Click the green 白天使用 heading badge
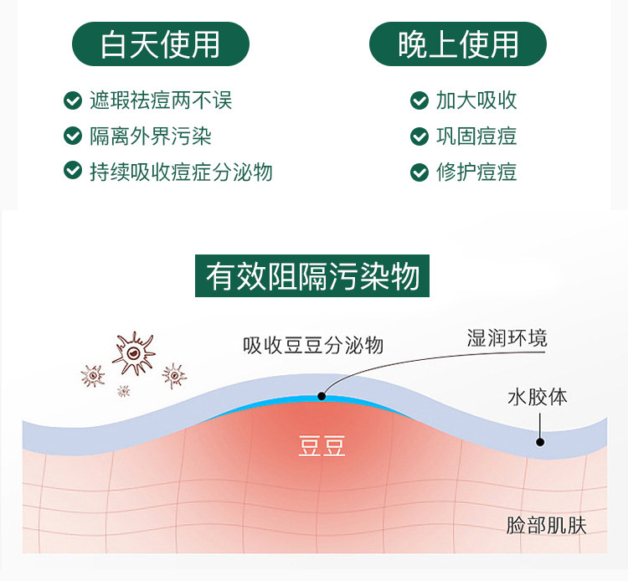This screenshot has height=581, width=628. pos(159,44)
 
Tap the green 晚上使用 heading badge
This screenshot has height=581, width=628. pos(458,44)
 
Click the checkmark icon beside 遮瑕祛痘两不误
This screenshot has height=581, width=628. pos(72,101)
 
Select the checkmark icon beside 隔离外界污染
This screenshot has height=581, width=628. pos(72,136)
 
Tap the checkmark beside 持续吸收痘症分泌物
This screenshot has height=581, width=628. pos(72,171)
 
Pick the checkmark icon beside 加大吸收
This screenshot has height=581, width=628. pos(419,101)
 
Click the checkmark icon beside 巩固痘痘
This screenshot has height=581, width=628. pos(419,136)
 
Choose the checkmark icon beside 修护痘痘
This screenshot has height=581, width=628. pos(419,172)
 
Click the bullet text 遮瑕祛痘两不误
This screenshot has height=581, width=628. pos(161,101)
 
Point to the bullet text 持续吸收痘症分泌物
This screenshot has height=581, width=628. pos(181,172)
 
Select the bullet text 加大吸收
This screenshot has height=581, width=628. pos(476,101)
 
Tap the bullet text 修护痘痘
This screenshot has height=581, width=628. pos(476,172)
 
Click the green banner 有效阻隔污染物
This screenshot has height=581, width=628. pos(312,276)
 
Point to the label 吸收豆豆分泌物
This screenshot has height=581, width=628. pos(312,345)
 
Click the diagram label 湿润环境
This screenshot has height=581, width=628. pos(507,338)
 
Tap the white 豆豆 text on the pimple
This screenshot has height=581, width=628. pos(322,446)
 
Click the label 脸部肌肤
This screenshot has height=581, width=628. pos(546,526)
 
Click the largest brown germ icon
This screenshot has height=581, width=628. pos(133,354)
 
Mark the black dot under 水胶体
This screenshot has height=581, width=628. pos(540,441)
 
